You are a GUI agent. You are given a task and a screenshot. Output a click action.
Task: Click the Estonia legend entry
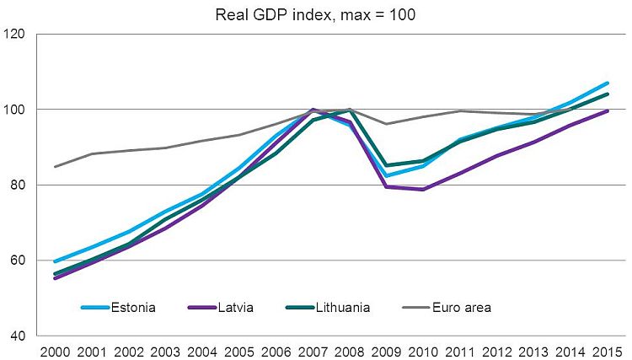coord(133,308)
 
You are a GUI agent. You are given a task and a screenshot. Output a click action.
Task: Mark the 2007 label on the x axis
coord(313,350)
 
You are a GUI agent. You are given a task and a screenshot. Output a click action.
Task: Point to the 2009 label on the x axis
coord(387,350)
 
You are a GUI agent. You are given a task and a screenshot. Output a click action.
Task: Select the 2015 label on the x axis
coord(608,350)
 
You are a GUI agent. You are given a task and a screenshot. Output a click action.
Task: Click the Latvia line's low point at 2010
coord(423,190)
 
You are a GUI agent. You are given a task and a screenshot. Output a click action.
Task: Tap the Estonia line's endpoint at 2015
coord(608,83)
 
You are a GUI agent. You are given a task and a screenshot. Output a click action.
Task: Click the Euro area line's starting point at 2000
coord(56,166)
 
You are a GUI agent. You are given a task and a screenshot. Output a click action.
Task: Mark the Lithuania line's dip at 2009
coord(387,165)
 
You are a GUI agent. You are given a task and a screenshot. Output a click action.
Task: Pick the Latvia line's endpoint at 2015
coord(608,111)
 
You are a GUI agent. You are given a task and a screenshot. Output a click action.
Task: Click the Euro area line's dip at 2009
coord(387,124)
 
